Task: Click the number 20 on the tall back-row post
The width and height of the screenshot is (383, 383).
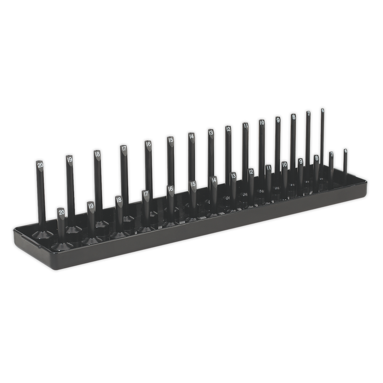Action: [40, 164]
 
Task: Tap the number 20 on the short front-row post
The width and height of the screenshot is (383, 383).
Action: [62, 212]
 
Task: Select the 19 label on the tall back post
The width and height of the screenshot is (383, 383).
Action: [69, 159]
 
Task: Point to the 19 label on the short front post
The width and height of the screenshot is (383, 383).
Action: [91, 206]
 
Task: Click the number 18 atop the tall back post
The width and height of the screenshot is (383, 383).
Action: [97, 154]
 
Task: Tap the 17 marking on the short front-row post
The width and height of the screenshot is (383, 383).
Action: [146, 194]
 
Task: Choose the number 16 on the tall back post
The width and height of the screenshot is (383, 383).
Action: [148, 144]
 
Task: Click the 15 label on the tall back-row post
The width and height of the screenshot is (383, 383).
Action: [171, 140]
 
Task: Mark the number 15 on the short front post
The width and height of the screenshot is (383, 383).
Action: [193, 184]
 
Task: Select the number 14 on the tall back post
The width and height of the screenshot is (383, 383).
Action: [191, 136]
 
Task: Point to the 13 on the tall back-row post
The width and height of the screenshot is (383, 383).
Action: [211, 132]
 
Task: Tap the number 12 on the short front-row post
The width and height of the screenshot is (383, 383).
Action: [251, 172]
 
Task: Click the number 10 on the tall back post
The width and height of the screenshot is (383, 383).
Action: [261, 122]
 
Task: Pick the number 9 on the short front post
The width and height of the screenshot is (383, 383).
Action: [300, 162]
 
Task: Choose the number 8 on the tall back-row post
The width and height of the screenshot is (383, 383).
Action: [294, 117]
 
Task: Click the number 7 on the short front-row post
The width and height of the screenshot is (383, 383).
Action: [331, 154]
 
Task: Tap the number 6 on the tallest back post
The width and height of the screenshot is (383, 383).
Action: [322, 110]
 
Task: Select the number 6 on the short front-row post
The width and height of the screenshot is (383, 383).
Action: [345, 151]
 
